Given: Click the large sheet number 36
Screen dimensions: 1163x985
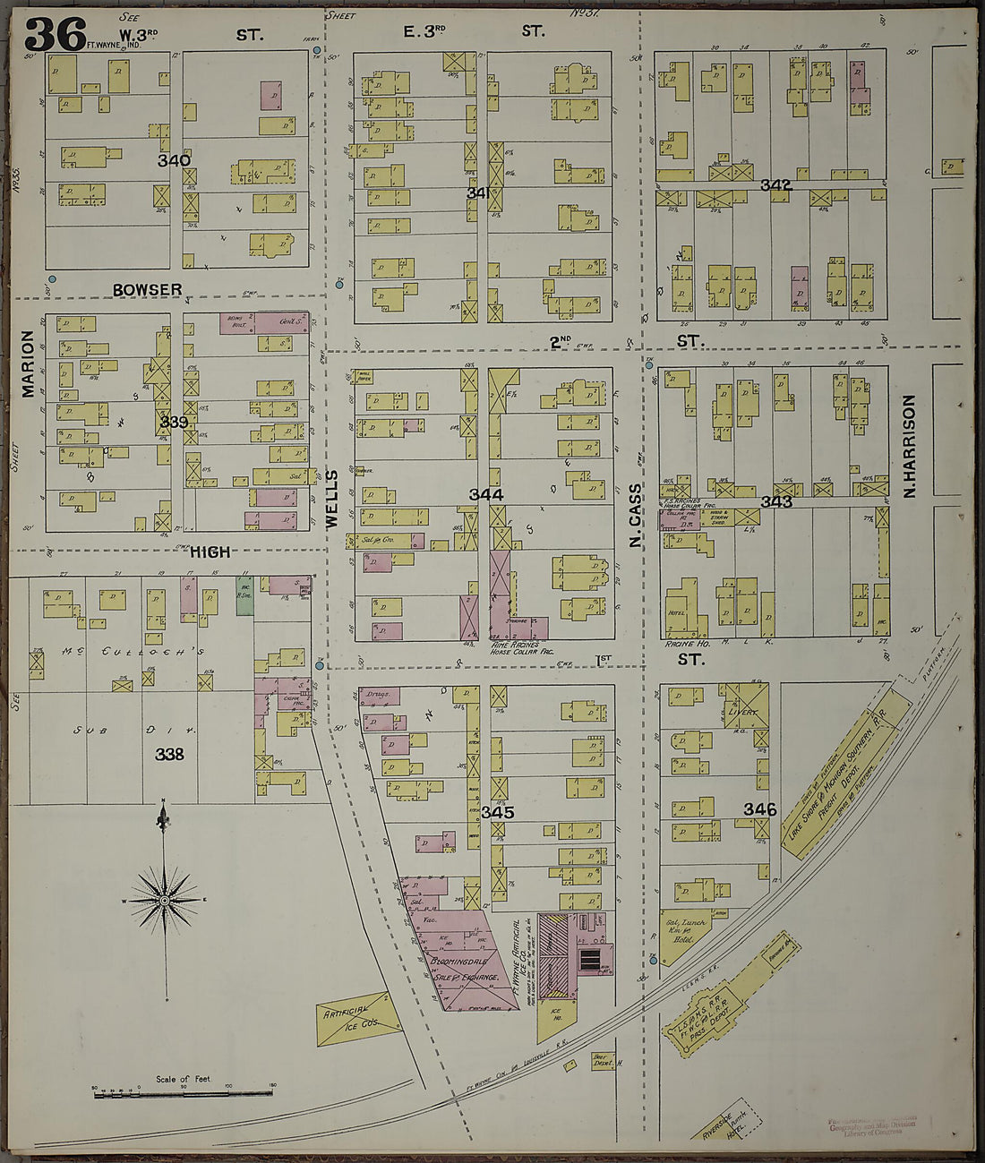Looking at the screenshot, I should (56, 34).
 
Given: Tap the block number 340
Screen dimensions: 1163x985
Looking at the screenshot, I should (174, 161).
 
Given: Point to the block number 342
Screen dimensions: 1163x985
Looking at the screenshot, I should (775, 185).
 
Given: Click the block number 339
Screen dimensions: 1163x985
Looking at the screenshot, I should (174, 422).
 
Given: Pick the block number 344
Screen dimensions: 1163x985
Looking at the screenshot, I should (486, 494).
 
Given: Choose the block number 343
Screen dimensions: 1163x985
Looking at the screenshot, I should (775, 501).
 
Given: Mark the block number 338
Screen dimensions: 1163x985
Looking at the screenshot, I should (169, 754).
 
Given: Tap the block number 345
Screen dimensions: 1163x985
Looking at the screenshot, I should (497, 813).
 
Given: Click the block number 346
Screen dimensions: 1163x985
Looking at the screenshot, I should (759, 809).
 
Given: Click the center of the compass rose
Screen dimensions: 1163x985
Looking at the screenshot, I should (165, 898).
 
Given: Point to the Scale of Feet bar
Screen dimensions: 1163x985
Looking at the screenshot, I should (183, 1092).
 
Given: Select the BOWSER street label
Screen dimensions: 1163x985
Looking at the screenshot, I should (148, 289).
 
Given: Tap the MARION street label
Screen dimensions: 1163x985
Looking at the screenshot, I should (28, 363).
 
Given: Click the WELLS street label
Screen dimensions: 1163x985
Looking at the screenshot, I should (331, 500).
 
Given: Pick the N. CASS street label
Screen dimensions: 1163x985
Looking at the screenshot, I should (636, 517).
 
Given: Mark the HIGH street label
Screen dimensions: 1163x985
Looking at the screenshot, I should (210, 552).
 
